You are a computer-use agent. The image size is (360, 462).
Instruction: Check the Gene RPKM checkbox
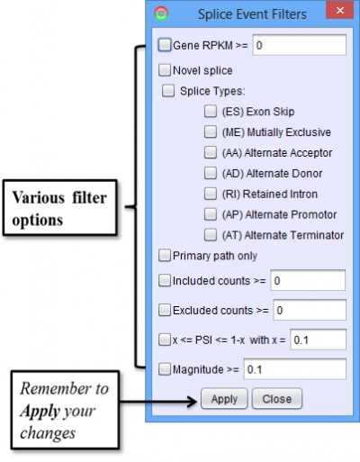click(165, 45)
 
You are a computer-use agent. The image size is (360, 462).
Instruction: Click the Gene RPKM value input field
click(300, 45)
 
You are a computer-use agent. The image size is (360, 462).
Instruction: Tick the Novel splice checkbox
click(165, 70)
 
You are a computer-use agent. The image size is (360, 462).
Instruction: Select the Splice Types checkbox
click(168, 91)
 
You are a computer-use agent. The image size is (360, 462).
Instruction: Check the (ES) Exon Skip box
click(211, 112)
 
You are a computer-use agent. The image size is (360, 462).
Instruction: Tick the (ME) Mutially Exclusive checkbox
click(211, 132)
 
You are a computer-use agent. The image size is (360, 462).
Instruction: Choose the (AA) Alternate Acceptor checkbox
click(211, 152)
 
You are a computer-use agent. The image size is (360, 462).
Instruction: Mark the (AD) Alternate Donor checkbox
click(211, 173)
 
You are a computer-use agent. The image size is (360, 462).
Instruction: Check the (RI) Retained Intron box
click(211, 194)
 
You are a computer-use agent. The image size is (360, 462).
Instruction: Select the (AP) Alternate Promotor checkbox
click(211, 214)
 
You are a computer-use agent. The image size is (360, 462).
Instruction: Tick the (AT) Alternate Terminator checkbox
click(211, 235)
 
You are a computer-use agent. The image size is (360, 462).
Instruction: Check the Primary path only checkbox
click(165, 256)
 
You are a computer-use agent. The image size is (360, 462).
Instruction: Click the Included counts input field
click(308, 280)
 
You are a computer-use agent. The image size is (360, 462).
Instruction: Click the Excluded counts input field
click(310, 310)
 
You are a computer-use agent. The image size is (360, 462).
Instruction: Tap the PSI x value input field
click(318, 340)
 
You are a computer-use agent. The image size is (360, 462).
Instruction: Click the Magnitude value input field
click(295, 369)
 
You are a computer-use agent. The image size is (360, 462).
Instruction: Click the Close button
click(277, 399)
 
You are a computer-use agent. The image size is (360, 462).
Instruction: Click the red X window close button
click(339, 11)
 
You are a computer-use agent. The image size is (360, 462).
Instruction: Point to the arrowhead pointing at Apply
click(193, 402)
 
